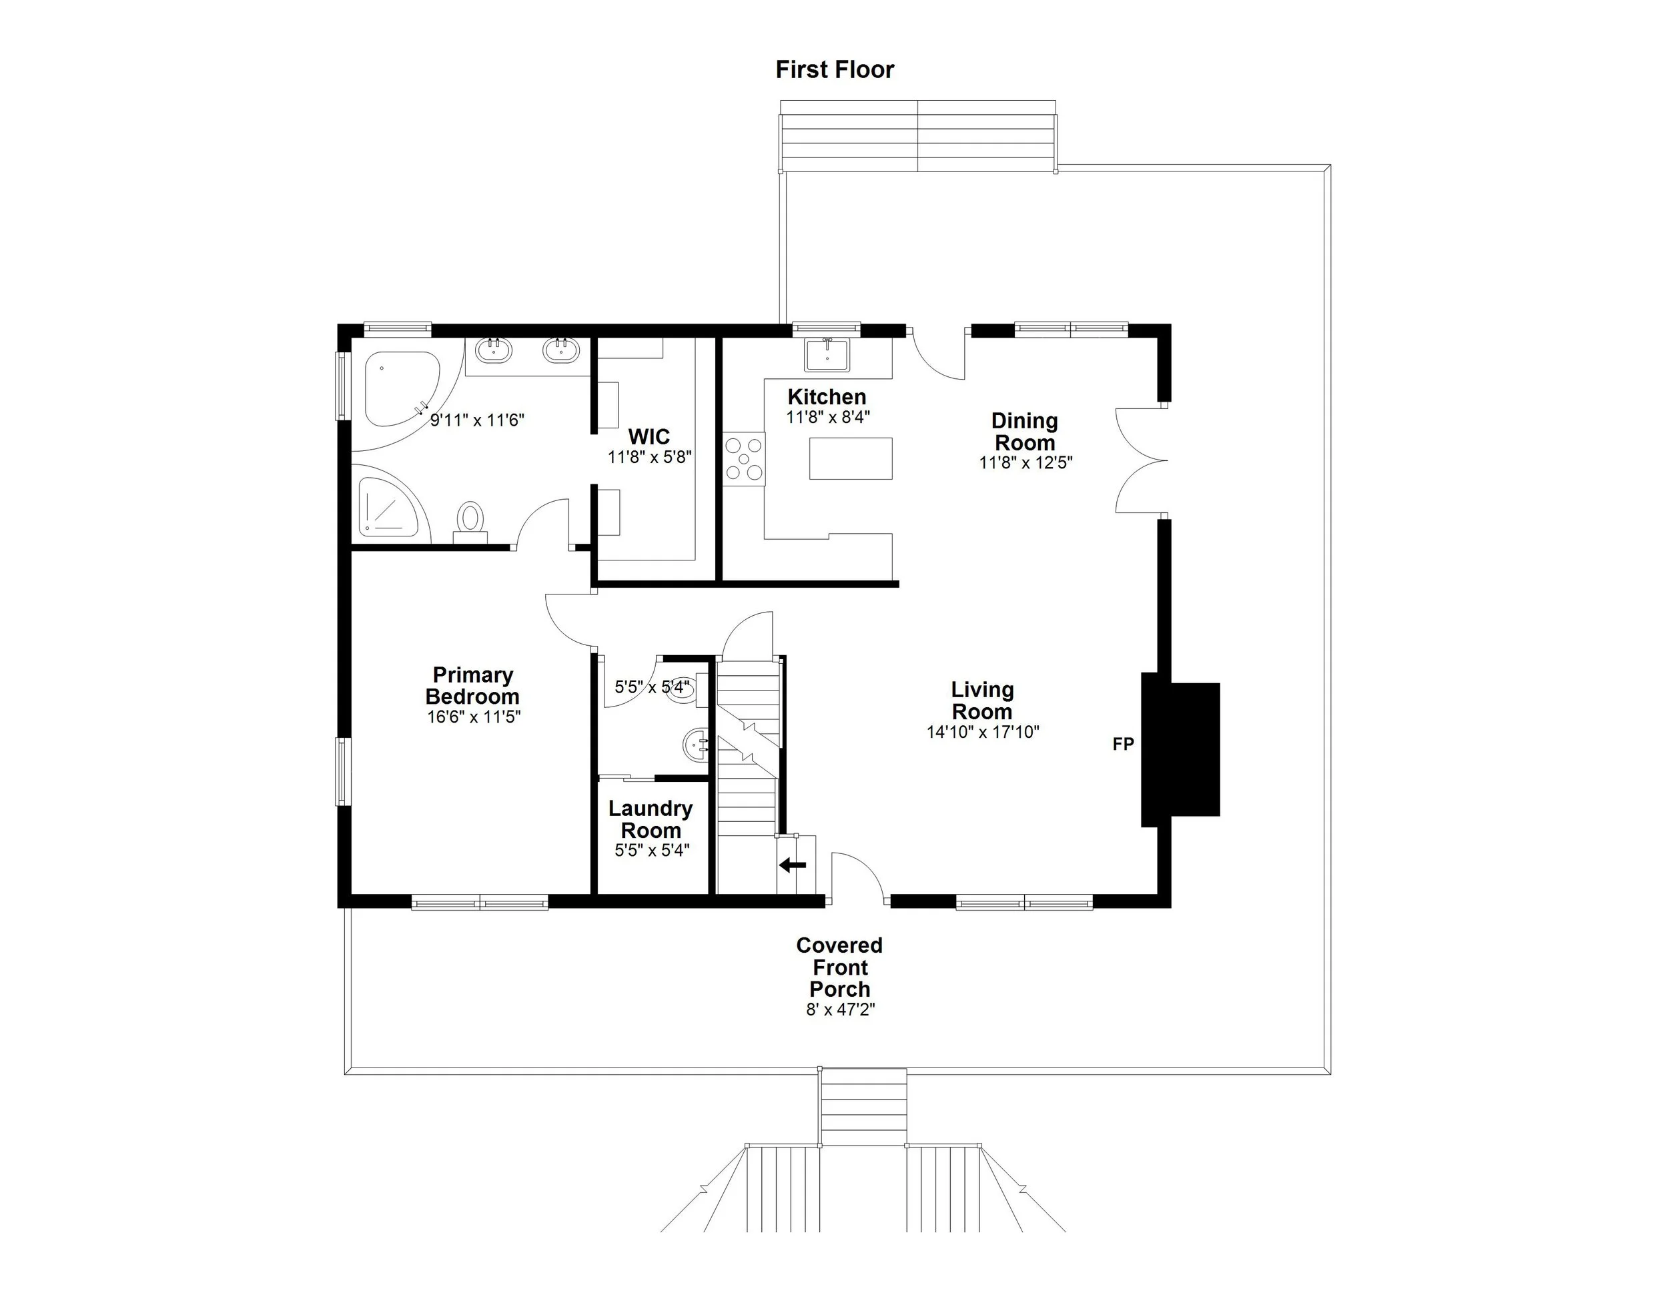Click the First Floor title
[x=834, y=69]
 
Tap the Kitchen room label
[x=827, y=397]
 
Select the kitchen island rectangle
[x=850, y=458]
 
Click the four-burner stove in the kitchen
[x=744, y=459]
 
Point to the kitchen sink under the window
[x=827, y=355]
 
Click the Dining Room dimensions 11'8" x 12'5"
[x=1025, y=463]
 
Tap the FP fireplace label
[x=1123, y=744]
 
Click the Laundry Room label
[x=651, y=819]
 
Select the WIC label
[x=649, y=437]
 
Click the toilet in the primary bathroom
[x=470, y=520]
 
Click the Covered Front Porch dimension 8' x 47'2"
[x=839, y=1009]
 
